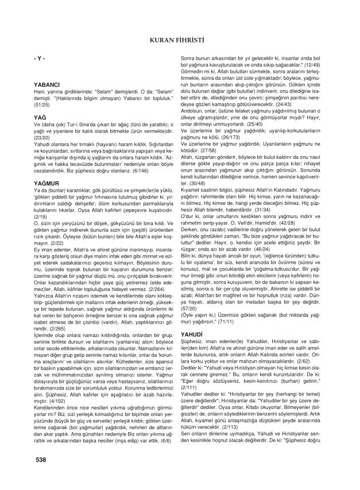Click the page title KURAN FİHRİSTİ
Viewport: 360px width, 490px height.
point(180,40)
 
